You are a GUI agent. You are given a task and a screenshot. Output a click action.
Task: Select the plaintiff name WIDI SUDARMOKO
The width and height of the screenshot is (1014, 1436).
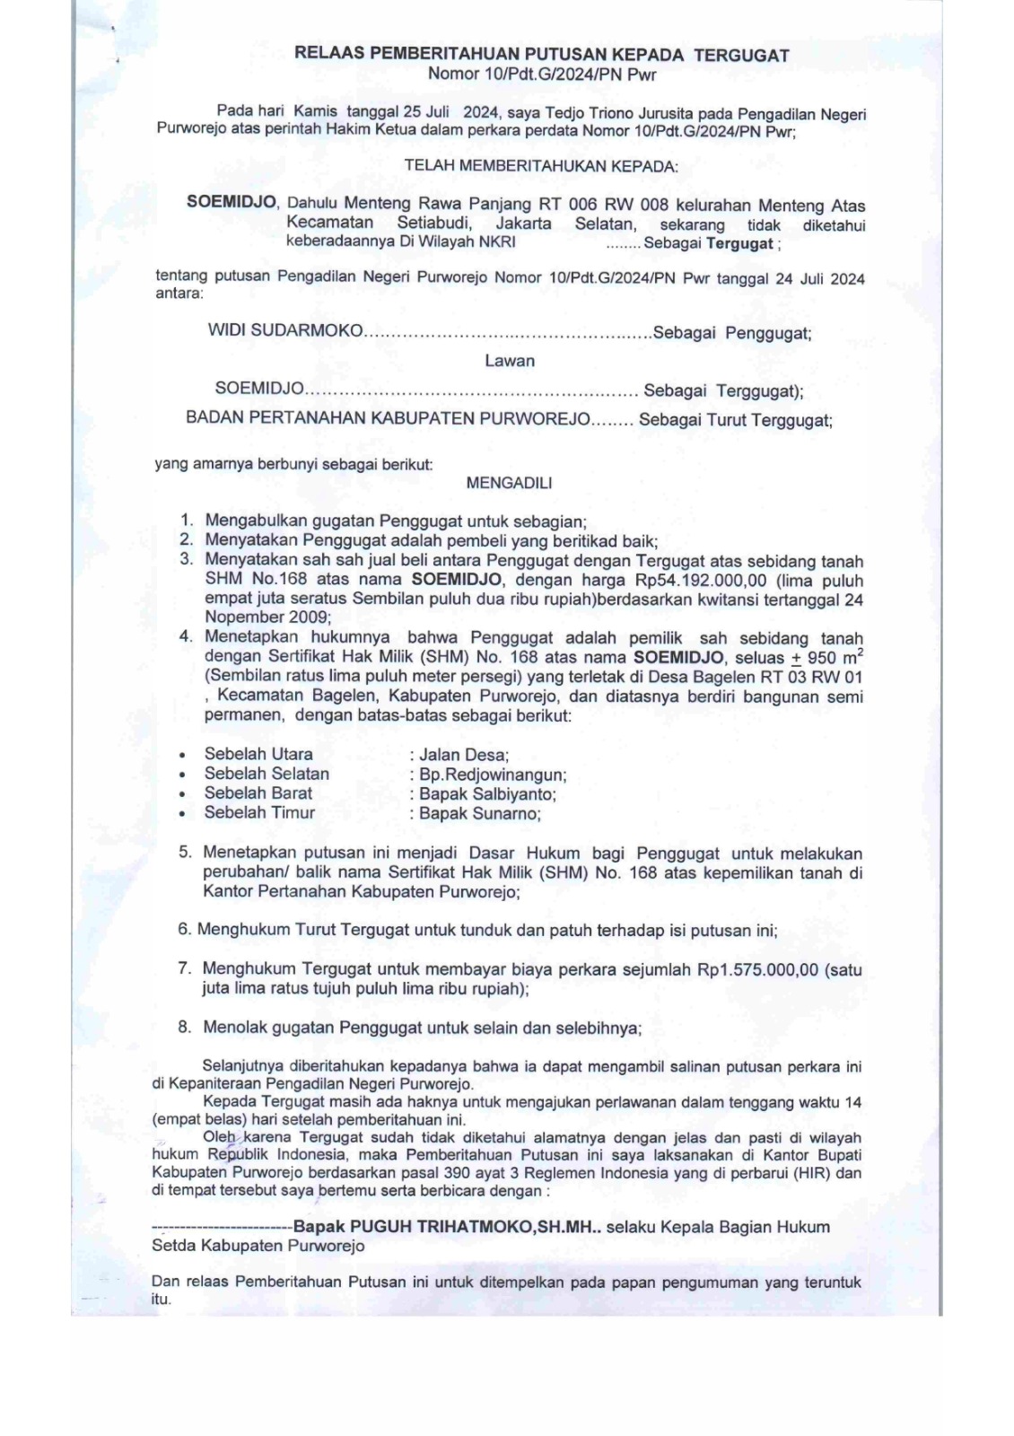pos(285,330)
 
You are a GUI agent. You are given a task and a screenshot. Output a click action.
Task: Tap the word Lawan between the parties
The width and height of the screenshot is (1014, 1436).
pos(509,361)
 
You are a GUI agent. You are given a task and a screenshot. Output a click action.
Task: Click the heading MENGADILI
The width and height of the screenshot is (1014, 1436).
pos(509,483)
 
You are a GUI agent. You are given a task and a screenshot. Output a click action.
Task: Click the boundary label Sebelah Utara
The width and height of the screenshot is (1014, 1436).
pos(258,754)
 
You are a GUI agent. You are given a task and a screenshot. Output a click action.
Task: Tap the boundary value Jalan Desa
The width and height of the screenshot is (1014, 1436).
pos(464,756)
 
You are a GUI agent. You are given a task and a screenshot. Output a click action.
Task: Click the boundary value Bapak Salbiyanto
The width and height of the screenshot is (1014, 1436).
pos(487,794)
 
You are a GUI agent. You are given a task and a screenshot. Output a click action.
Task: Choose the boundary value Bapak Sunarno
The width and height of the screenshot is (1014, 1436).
pos(479,814)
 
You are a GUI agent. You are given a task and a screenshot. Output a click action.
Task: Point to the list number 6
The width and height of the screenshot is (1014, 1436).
pos(185,930)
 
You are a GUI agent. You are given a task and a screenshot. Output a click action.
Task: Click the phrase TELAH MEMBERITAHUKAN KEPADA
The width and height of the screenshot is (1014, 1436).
pos(541,166)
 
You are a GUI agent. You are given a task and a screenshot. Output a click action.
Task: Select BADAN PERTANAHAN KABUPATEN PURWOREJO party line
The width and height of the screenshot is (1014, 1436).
pos(388,418)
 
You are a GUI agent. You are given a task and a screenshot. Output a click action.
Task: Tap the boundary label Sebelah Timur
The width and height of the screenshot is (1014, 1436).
pos(259,813)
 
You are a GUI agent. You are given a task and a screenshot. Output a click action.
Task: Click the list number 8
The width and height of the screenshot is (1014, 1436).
pos(185,1027)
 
